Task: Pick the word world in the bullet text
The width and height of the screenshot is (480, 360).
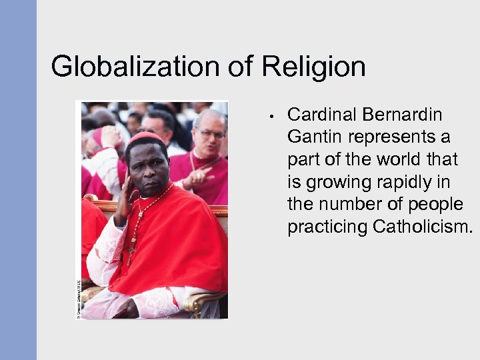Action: pyautogui.click(x=397, y=159)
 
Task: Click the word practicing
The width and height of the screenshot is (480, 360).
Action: pyautogui.click(x=327, y=227)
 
